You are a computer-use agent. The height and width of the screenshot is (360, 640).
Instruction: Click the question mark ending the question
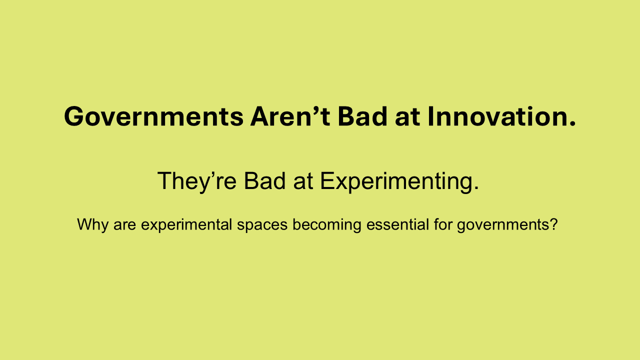[x=553, y=225]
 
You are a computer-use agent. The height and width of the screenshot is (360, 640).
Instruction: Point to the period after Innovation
[x=572, y=124]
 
